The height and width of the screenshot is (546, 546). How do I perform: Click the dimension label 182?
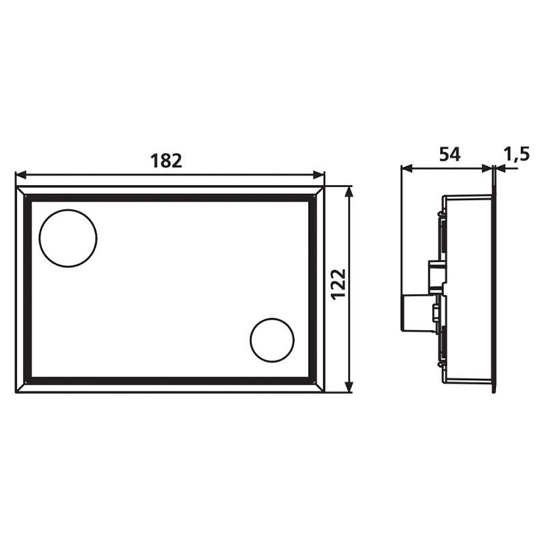[166, 161]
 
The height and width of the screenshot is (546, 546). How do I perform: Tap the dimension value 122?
[338, 285]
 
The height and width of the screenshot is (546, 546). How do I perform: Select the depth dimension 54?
[449, 154]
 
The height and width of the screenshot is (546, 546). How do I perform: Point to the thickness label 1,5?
[516, 154]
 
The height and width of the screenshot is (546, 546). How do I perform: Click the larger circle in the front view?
[69, 210]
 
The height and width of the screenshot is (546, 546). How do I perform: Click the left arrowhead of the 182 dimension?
[21, 175]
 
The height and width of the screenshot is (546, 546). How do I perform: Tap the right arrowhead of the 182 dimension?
[319, 175]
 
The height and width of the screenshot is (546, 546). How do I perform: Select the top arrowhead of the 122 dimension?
[349, 191]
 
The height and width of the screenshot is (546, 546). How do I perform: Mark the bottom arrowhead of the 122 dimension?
[349, 387]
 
